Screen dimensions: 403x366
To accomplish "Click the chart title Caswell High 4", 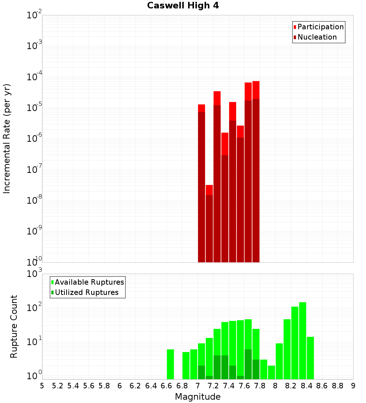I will [183, 6].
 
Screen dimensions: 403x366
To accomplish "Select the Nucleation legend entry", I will [317, 37].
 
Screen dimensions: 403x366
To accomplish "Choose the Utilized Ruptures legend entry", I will [86, 292].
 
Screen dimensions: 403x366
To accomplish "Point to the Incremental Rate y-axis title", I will [7, 138].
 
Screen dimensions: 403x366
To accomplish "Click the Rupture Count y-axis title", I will [14, 326].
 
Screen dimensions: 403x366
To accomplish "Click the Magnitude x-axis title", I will [198, 397].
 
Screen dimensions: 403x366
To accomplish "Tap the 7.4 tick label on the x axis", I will [229, 386].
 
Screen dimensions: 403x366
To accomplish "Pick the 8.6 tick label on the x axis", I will [322, 386].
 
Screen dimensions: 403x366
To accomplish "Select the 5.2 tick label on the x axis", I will [58, 386].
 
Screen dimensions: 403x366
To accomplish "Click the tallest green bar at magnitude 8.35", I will [303, 341].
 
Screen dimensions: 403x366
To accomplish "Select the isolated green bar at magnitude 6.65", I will [170, 364].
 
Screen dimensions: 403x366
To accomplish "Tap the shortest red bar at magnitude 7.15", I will [209, 223].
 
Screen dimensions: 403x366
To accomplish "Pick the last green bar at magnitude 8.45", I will [310, 358].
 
